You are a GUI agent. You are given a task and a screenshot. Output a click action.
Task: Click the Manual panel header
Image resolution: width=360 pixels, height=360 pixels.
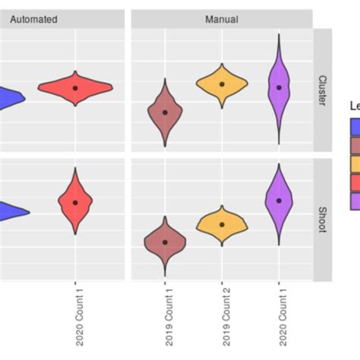coord(221,19)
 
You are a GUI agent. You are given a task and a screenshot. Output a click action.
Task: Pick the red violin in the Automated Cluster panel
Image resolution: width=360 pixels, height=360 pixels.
coord(75,88)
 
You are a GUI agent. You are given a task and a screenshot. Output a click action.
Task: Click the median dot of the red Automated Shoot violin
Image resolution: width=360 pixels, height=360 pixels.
coord(75,202)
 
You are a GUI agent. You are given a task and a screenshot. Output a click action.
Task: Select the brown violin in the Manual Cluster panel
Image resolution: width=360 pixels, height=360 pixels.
coord(165,112)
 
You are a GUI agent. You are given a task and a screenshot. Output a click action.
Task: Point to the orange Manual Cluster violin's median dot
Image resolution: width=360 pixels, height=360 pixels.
coord(222,84)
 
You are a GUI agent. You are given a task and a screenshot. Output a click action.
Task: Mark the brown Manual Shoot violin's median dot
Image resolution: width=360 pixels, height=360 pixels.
coord(165,242)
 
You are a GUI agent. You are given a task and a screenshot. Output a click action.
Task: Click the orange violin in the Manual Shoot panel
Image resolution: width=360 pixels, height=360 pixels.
coord(222,223)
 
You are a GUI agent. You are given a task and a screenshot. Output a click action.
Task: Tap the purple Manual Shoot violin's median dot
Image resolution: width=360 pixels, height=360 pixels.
coord(279,201)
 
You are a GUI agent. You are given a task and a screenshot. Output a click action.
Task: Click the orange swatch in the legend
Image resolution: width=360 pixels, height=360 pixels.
coord(353,165)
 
